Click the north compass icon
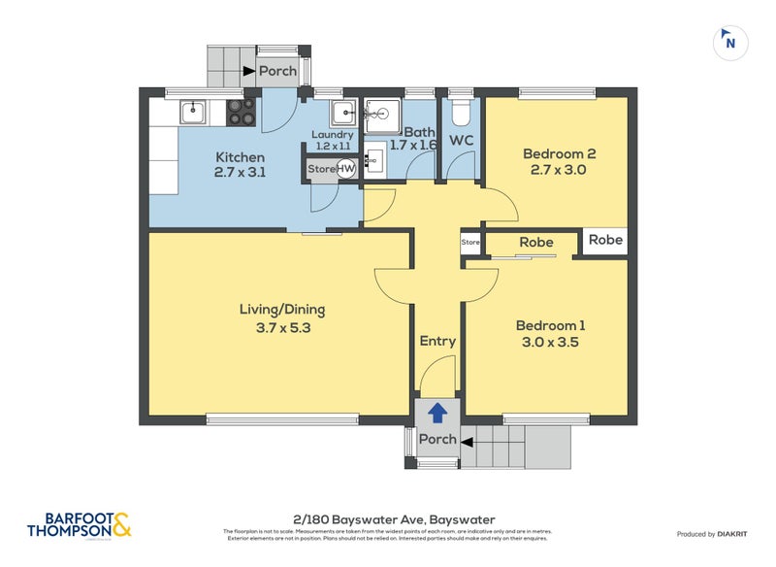click(730, 42)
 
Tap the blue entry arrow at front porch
click(437, 414)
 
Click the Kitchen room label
click(240, 157)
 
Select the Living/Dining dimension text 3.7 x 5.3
click(282, 327)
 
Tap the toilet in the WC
click(461, 114)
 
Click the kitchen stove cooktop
click(241, 114)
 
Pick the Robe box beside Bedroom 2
click(605, 241)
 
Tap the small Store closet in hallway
click(470, 242)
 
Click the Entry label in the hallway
click(437, 341)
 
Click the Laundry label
click(332, 135)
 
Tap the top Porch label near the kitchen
click(276, 71)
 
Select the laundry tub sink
click(343, 111)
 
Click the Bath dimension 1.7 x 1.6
click(413, 145)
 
